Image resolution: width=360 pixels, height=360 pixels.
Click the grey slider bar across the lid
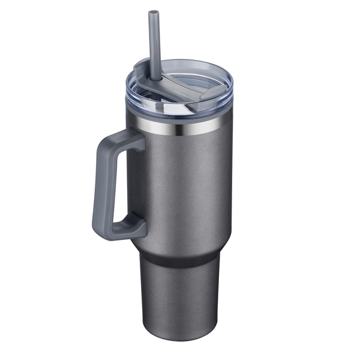(180, 91)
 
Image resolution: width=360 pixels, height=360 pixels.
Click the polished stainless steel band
(180, 127)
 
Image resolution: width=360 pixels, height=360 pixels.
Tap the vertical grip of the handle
(101, 186)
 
